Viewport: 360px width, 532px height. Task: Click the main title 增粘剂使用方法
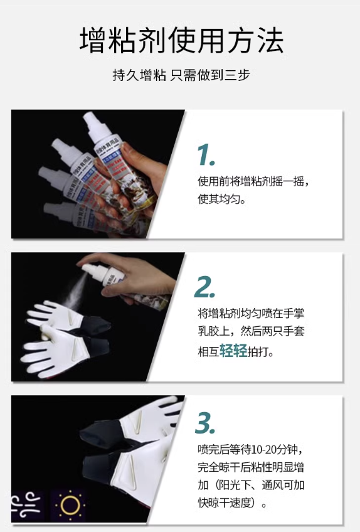181,41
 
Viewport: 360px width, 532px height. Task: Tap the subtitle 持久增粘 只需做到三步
181,75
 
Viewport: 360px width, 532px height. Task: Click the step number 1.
206,154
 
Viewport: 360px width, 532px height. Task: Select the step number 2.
205,287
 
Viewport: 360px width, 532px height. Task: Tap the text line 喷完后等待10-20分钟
251,450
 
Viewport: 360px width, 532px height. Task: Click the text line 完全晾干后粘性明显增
251,468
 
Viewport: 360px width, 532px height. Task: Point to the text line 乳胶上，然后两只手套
251,331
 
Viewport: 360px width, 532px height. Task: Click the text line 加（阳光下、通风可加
251,486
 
